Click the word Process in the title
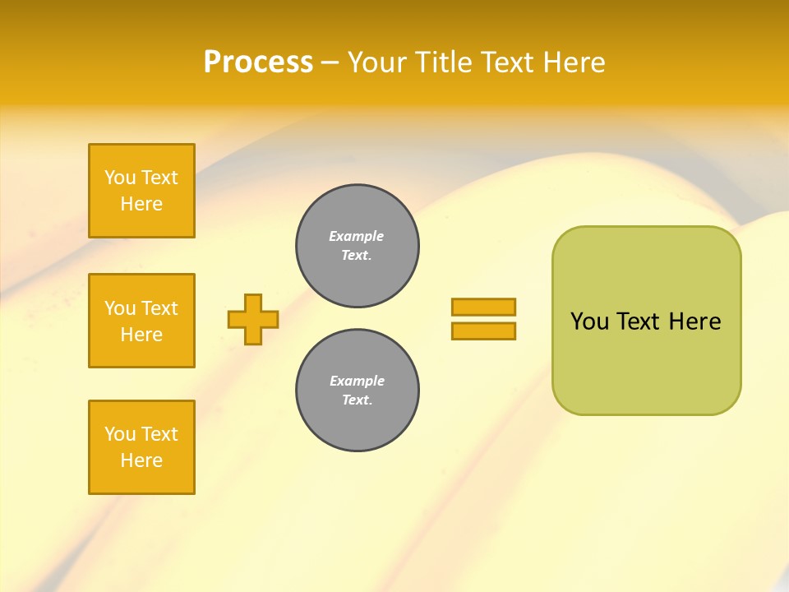[x=258, y=62]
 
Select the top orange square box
[x=141, y=191]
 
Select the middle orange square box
[x=141, y=321]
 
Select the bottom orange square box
[x=141, y=447]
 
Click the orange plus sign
[x=253, y=319]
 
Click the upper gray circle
[x=358, y=246]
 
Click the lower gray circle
[x=358, y=391]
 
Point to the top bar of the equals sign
[x=483, y=307]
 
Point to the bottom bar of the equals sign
[x=483, y=331]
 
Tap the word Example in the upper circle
[x=357, y=236]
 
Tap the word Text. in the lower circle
[x=357, y=400]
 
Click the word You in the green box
[x=589, y=321]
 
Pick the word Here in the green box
[x=694, y=321]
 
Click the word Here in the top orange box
[x=141, y=204]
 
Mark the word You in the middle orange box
[x=120, y=308]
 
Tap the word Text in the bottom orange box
[x=159, y=434]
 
